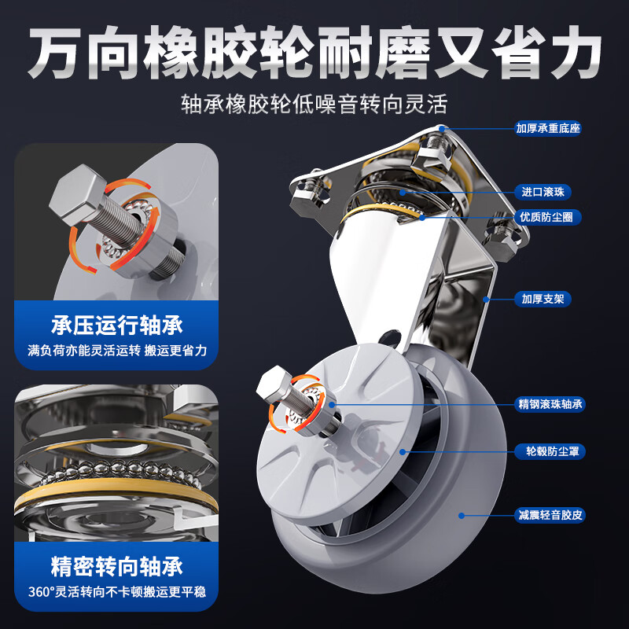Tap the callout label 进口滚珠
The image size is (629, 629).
coord(548,191)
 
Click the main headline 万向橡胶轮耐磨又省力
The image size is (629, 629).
coord(314,53)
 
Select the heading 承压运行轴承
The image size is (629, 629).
coord(116,326)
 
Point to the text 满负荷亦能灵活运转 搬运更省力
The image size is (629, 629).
coord(116,351)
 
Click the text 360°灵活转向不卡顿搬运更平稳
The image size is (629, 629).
coord(116,592)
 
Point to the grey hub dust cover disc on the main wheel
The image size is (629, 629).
coord(338,464)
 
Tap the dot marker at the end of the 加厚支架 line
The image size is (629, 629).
coord(487,299)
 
